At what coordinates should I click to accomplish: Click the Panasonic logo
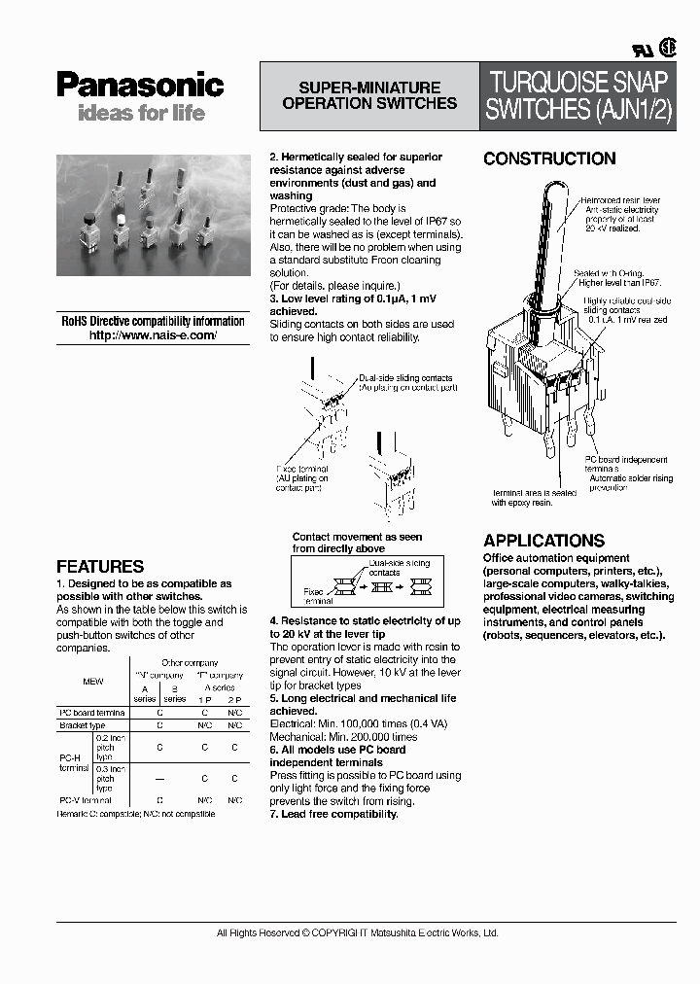click(140, 86)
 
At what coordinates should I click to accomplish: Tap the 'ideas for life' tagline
click(141, 113)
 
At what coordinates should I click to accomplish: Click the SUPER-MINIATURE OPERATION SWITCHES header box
click(369, 95)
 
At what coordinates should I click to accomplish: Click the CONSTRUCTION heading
click(549, 158)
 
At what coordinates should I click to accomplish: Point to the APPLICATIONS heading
click(543, 541)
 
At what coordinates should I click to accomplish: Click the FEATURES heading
click(100, 566)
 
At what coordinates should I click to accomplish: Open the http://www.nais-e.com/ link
click(153, 334)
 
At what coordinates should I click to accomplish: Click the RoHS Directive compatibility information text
click(153, 321)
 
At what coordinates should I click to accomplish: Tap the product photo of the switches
click(153, 215)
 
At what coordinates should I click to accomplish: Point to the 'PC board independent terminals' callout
click(624, 464)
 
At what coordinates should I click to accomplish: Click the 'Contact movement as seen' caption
click(357, 537)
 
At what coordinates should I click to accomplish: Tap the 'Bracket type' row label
click(83, 724)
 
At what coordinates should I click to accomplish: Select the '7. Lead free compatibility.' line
click(333, 814)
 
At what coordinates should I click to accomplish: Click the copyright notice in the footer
click(358, 932)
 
